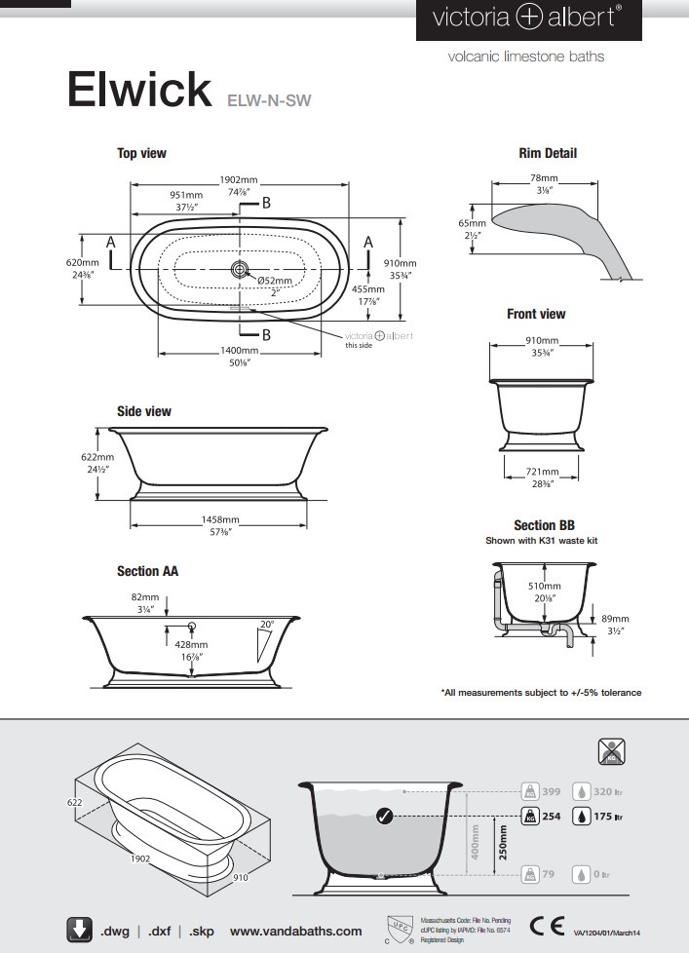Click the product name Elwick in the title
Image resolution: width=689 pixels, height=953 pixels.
click(x=138, y=91)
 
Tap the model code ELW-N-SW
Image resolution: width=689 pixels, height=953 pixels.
click(x=269, y=99)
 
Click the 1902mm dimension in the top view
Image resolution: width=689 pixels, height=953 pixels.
click(x=238, y=180)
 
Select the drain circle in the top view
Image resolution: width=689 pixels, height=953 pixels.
click(x=240, y=268)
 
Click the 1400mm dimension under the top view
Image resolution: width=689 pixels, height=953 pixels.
click(x=238, y=350)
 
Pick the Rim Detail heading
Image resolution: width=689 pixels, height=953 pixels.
click(x=547, y=153)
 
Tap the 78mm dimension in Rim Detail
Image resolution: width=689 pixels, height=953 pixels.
click(x=544, y=178)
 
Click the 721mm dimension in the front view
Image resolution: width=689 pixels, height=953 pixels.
click(x=543, y=472)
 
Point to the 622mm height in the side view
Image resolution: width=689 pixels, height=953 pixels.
click(x=97, y=457)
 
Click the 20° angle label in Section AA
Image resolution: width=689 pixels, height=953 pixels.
click(x=267, y=624)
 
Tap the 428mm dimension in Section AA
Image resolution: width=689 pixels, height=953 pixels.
click(x=192, y=645)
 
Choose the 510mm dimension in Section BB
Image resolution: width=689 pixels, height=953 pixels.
click(x=544, y=587)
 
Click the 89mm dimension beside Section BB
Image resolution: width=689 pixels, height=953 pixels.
click(x=615, y=619)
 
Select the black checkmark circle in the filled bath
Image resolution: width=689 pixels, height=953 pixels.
click(x=384, y=817)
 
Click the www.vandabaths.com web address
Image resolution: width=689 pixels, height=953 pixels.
click(x=295, y=931)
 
